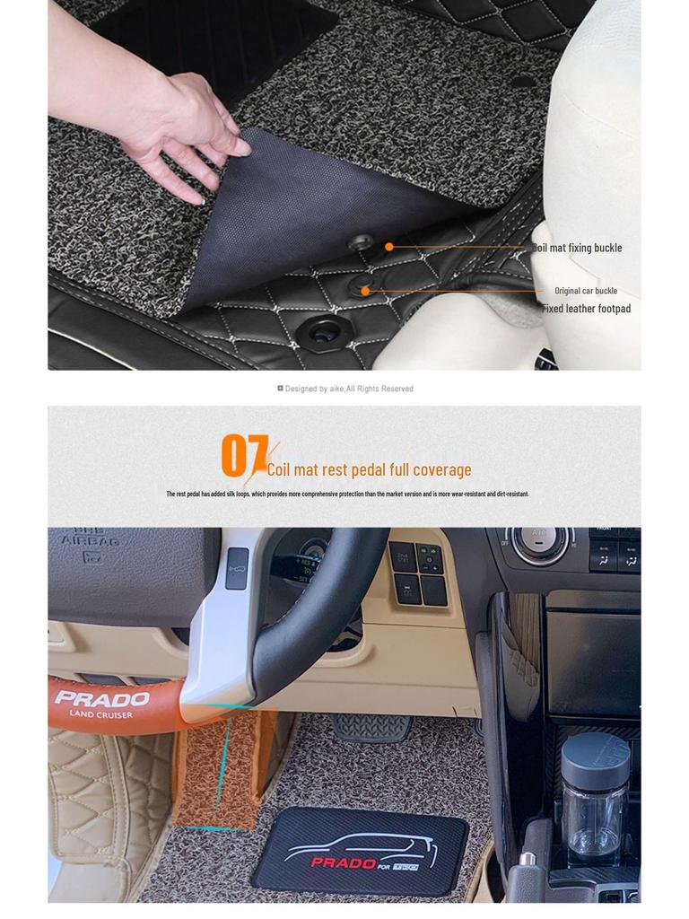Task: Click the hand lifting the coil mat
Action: pos(179,126)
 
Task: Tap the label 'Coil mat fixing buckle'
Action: pos(577,248)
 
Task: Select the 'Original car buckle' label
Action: pos(585,291)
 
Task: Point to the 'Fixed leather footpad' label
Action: pos(586,309)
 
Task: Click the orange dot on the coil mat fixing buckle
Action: pos(389,247)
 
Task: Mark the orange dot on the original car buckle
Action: pos(365,291)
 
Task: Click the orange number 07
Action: pos(243,456)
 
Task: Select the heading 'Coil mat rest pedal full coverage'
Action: pos(369,469)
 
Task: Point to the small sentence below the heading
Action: pos(347,494)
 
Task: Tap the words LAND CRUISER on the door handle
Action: pos(100,714)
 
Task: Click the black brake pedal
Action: pos(371,727)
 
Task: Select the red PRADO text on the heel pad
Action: pos(344,862)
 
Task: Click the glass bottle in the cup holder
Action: pos(594,799)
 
